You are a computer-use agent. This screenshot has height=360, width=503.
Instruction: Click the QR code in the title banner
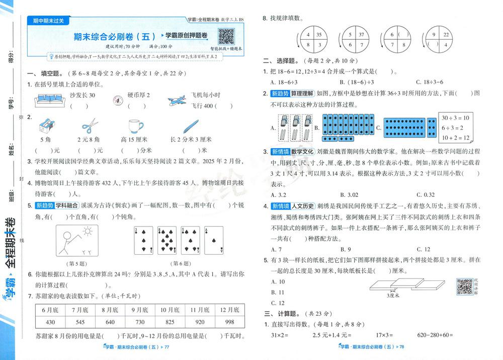(226, 36)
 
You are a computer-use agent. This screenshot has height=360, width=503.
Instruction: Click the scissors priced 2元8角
(91, 125)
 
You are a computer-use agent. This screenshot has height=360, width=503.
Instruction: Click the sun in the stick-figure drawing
(88, 231)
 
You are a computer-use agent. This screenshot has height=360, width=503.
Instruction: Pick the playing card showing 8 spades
(168, 241)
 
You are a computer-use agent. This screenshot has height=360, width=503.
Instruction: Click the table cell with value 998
(230, 322)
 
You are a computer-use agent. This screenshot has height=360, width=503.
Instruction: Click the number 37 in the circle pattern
(361, 35)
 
